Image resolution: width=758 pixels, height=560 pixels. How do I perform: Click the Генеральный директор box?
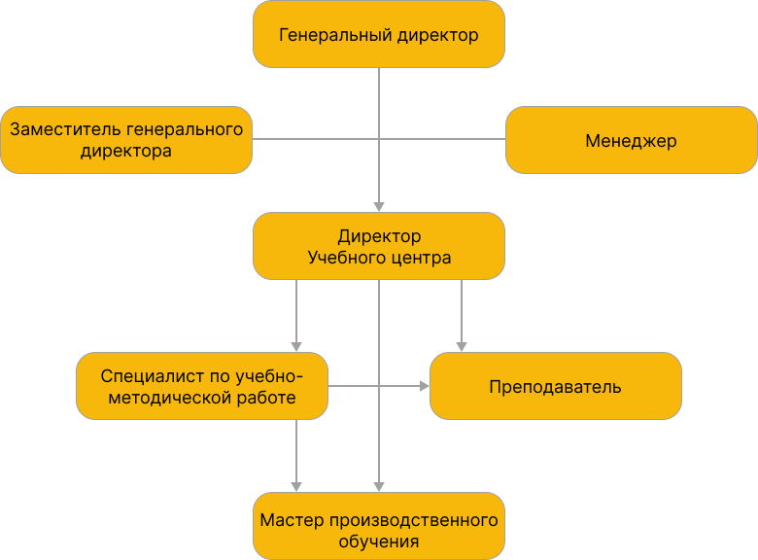coord(379,35)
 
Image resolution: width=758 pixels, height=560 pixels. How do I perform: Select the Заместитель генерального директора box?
coord(126,140)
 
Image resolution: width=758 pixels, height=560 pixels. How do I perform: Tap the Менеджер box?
coord(632,140)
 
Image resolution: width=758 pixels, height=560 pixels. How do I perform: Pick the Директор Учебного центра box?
coord(379,247)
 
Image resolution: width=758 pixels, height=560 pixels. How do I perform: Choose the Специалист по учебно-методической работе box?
coord(202,386)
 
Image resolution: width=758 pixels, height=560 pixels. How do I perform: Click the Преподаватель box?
coord(556,386)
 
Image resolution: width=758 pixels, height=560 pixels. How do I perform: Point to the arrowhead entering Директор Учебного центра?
coord(379,206)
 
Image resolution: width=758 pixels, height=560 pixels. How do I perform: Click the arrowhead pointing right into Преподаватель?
coord(424,386)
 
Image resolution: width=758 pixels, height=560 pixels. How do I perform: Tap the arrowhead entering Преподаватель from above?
coord(462,346)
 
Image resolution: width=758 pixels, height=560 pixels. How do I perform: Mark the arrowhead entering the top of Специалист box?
coord(296,346)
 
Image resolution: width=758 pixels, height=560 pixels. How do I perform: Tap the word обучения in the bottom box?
coord(379,542)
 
